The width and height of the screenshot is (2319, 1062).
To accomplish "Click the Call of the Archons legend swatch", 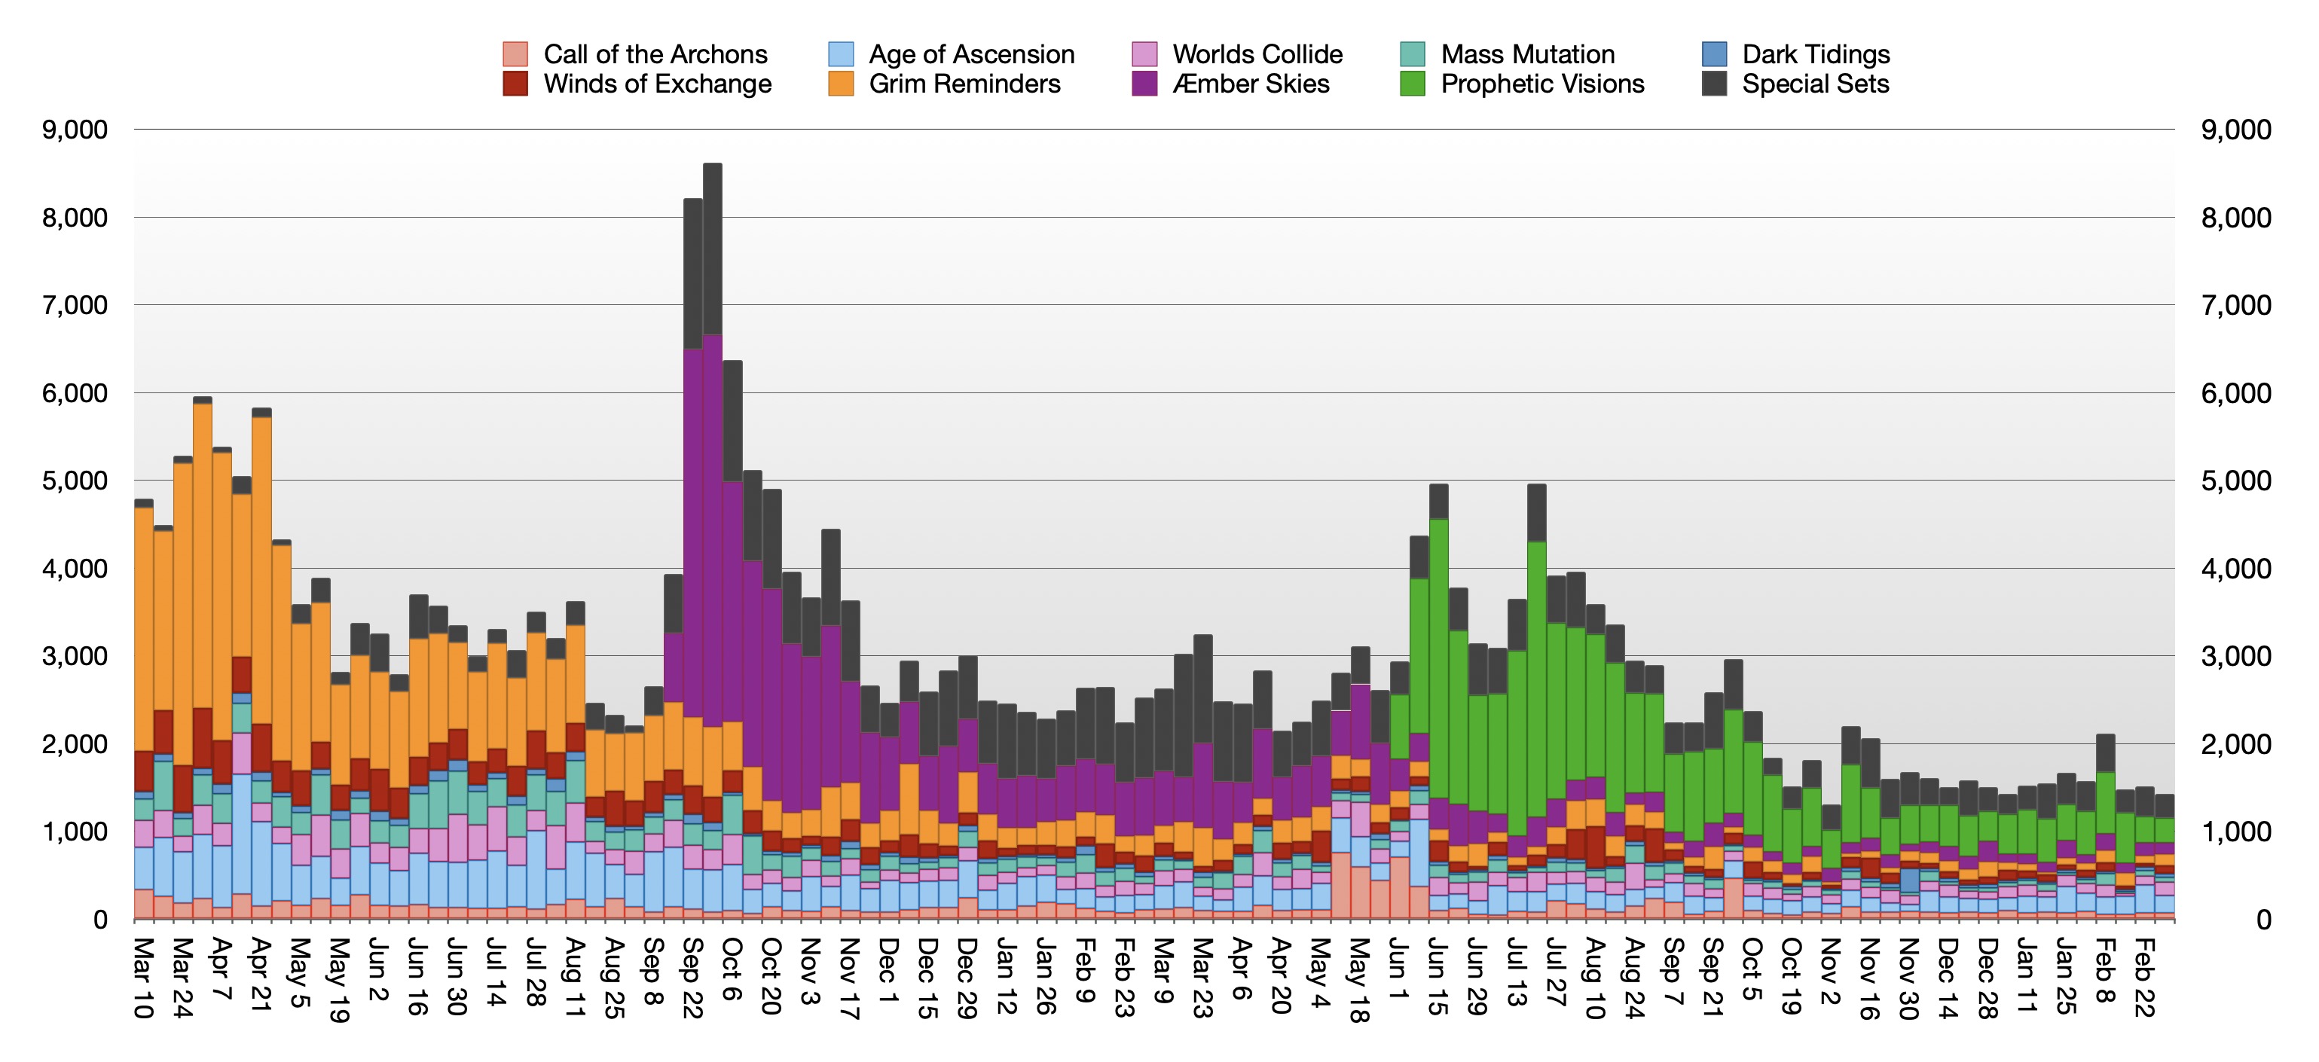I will click(515, 54).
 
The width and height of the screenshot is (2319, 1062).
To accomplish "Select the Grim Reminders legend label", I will click(964, 84).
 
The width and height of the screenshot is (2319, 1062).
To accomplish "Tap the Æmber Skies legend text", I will click(1251, 84).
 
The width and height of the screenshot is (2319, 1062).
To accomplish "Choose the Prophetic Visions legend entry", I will click(1542, 84).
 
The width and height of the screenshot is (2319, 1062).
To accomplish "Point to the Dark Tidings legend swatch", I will click(1715, 54).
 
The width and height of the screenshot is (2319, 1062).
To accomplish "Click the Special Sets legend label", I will click(1815, 84).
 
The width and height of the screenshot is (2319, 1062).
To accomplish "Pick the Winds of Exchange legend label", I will click(657, 84).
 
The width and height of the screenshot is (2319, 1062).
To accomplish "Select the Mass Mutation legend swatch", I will click(1413, 54).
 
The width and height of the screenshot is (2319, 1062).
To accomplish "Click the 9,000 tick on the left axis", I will click(75, 130).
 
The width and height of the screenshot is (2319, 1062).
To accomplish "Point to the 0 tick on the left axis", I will click(100, 920).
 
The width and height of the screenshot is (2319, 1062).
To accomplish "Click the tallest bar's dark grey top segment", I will click(712, 248).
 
